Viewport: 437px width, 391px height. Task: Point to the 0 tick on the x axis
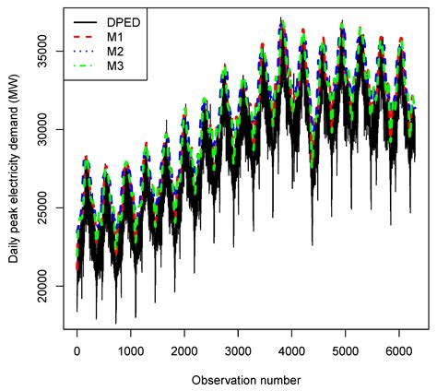pos(77,352)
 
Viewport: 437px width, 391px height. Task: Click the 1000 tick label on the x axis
pos(131,352)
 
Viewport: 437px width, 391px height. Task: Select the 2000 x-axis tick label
pos(184,352)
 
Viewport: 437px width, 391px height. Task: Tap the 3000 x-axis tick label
pos(239,352)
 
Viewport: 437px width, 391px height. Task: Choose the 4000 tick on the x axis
pos(292,352)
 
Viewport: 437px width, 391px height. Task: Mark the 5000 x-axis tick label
pos(346,352)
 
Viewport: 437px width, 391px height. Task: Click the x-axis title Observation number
pos(239,379)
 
